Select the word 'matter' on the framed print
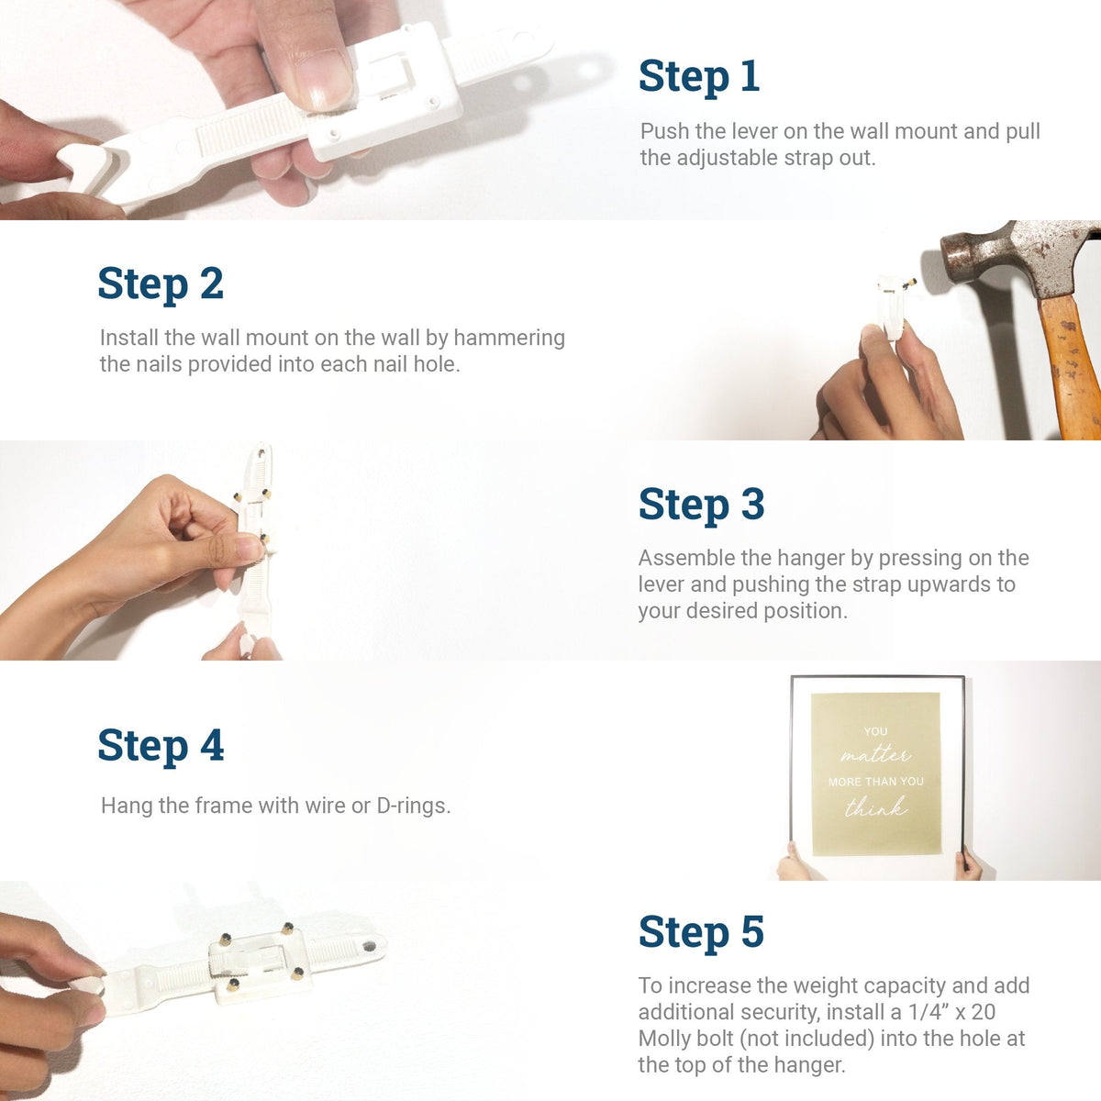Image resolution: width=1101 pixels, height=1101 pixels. coord(874,756)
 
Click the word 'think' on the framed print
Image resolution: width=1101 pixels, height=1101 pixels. coord(876,806)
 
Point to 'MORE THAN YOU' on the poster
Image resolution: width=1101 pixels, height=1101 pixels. coord(876,782)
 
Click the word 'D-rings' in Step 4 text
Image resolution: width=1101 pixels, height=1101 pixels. coord(413,806)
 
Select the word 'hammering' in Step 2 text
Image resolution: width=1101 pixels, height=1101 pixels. coord(509,339)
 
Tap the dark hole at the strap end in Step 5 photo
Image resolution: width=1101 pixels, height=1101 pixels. coord(369,947)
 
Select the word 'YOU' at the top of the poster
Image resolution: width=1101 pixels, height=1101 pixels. coord(875,731)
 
